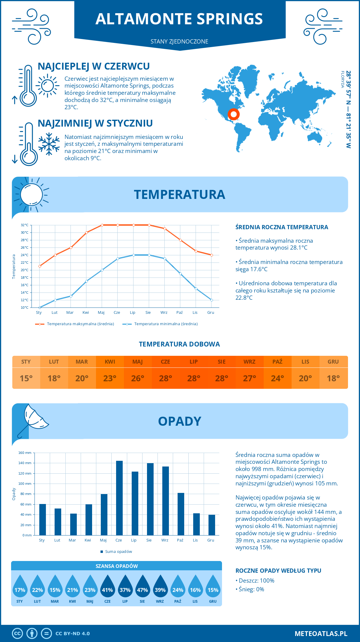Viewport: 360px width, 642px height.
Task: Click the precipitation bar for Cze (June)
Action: pyautogui.click(x=119, y=498)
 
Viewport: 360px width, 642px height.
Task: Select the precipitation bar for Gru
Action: pyautogui.click(x=212, y=525)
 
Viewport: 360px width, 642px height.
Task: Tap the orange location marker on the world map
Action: pyautogui.click(x=233, y=114)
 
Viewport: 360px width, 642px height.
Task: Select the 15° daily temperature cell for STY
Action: pyautogui.click(x=26, y=378)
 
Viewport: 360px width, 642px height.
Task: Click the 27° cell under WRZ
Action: pyautogui.click(x=249, y=378)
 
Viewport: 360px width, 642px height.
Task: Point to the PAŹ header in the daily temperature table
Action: pyautogui.click(x=277, y=361)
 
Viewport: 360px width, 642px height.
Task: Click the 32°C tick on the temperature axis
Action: pyautogui.click(x=25, y=225)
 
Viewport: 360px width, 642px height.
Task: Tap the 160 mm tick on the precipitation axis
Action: pyautogui.click(x=25, y=453)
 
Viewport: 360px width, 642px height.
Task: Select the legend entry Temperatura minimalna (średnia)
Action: pyautogui.click(x=166, y=324)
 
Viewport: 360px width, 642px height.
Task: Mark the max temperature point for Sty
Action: pyautogui.click(x=40, y=266)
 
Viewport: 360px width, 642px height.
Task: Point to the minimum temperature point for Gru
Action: pyautogui.click(x=211, y=300)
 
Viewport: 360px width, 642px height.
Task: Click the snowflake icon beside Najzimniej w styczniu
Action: pyautogui.click(x=49, y=144)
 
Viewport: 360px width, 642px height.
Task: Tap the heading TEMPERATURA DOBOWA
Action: pyautogui.click(x=179, y=344)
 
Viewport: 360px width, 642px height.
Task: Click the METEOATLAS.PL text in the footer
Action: pyautogui.click(x=321, y=634)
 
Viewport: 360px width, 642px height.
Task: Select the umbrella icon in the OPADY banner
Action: pyautogui.click(x=33, y=420)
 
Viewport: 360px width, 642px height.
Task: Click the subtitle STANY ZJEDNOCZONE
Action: pyautogui.click(x=179, y=41)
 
